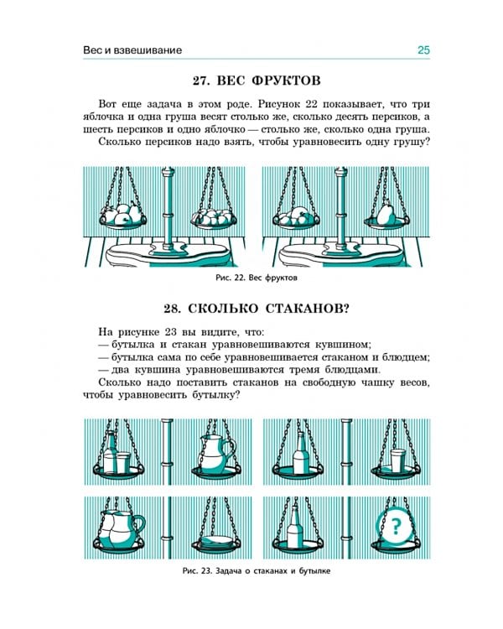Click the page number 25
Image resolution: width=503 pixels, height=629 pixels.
(423, 50)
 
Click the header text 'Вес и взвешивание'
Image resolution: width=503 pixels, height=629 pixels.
(132, 50)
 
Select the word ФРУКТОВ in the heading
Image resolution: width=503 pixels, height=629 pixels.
(287, 81)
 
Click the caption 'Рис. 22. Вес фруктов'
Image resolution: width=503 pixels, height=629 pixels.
(257, 278)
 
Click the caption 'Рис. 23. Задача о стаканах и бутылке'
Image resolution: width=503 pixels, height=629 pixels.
(257, 571)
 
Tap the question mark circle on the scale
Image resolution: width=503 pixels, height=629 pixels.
(396, 526)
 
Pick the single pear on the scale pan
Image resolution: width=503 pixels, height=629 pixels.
(386, 214)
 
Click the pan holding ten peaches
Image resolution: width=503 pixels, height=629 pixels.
(214, 218)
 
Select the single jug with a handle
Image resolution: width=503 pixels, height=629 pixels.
(215, 454)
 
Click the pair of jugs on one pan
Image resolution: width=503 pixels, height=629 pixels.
(120, 528)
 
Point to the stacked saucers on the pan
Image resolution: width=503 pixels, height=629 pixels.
(217, 541)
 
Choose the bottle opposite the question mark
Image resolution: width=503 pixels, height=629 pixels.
(294, 528)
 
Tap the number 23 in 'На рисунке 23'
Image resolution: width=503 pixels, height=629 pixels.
(171, 333)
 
